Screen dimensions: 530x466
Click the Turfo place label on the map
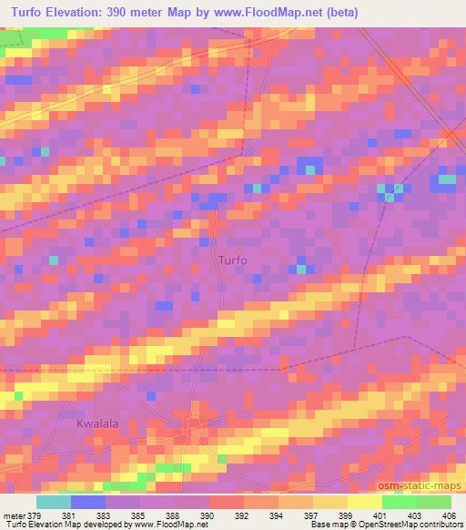point(233,260)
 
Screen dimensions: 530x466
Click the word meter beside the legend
point(13,516)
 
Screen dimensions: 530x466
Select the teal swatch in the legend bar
point(54,502)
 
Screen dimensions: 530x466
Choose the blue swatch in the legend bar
point(88,502)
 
